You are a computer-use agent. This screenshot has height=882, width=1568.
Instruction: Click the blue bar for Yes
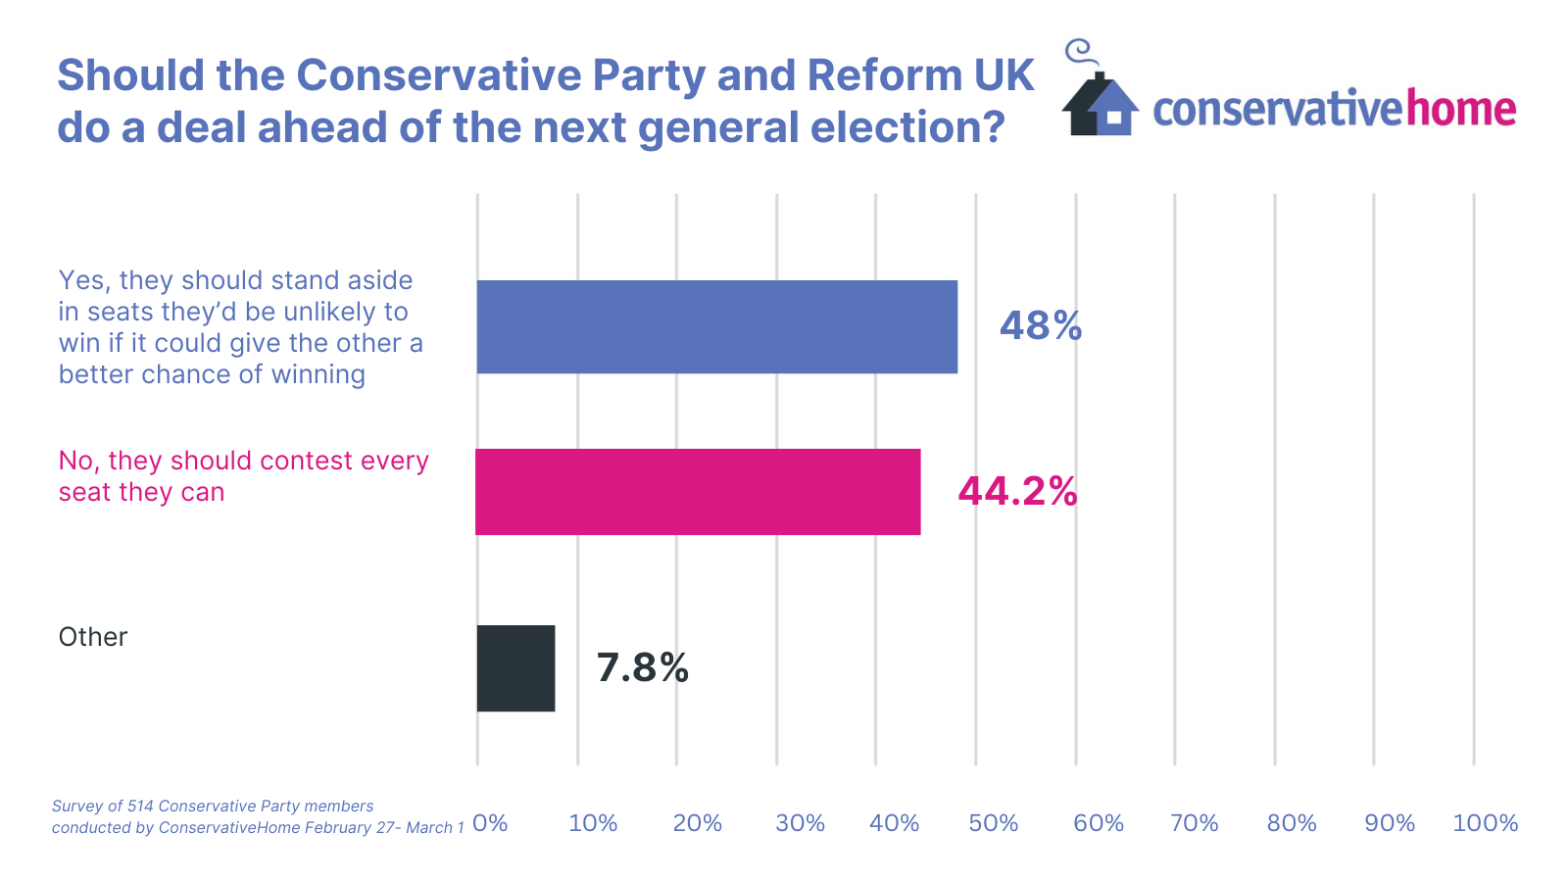tap(716, 326)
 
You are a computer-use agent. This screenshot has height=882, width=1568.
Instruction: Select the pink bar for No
tap(698, 492)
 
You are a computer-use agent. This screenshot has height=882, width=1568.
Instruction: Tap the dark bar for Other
tap(515, 668)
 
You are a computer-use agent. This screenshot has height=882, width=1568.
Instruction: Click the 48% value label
tap(1040, 326)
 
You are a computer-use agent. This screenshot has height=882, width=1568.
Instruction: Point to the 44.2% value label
tap(1017, 492)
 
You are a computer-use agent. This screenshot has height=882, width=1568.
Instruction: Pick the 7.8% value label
tap(642, 668)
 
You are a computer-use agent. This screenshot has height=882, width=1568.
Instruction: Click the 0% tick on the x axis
tap(490, 823)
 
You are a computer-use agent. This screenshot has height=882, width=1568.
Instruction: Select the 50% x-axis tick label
tap(993, 823)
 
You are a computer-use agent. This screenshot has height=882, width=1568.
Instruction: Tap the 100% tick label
tap(1485, 823)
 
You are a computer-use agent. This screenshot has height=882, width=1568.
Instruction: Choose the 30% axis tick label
tap(800, 823)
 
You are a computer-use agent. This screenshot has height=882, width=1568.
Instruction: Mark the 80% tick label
tap(1292, 823)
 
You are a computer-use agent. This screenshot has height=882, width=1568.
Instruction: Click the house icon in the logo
tap(1100, 104)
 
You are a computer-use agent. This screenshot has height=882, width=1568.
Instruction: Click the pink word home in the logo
tap(1461, 108)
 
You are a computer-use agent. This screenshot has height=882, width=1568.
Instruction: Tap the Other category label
tap(93, 637)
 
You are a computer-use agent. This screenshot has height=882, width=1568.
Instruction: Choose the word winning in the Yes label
tap(318, 374)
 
